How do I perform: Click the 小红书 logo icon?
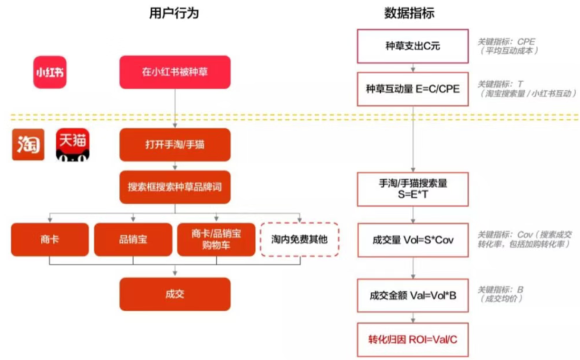click(x=50, y=72)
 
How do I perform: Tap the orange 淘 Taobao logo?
click(x=28, y=145)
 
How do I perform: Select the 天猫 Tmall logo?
click(x=74, y=145)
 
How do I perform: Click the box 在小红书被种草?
click(x=175, y=72)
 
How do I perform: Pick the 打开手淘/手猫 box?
click(x=175, y=145)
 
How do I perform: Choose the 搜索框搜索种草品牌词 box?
click(x=175, y=187)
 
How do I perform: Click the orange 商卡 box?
click(x=49, y=240)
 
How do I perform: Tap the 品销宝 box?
click(x=133, y=240)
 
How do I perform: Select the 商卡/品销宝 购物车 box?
click(x=216, y=240)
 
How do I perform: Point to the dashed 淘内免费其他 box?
click(x=299, y=240)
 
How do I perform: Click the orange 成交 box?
click(x=175, y=294)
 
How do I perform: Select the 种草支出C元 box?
click(x=412, y=46)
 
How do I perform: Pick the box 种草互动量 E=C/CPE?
click(x=412, y=89)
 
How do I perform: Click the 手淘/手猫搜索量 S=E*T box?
click(x=412, y=189)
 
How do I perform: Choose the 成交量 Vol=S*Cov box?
click(x=412, y=240)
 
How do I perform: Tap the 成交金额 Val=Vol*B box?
click(x=412, y=294)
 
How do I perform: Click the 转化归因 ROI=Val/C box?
click(x=412, y=340)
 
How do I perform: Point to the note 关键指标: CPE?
click(x=507, y=41)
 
